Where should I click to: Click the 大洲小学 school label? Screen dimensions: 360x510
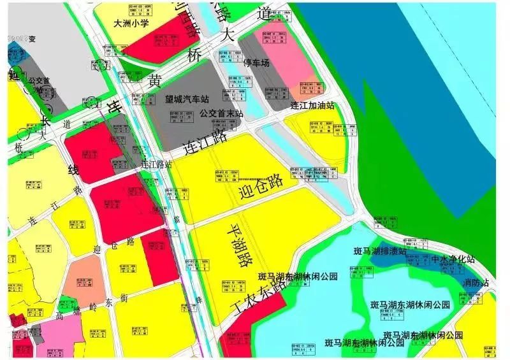coord(130,24)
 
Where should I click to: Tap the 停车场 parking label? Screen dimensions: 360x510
coord(257,63)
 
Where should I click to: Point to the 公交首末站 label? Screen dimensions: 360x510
coord(221,113)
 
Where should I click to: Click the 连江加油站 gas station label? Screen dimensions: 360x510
coord(312,106)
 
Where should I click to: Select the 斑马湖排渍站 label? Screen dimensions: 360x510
coord(380,251)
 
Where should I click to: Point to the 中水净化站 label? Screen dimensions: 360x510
coord(453,260)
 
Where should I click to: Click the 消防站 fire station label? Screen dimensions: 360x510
coord(476,282)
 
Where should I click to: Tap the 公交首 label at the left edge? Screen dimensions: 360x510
coord(38,82)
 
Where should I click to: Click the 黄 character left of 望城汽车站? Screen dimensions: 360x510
coord(155,81)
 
